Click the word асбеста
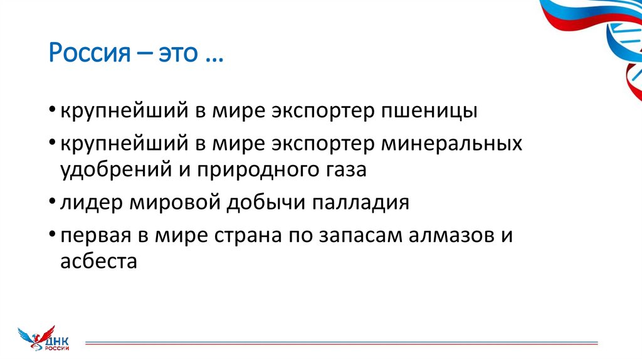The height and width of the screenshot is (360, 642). pyautogui.click(x=98, y=261)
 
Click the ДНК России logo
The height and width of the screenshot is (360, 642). pyautogui.click(x=44, y=339)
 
